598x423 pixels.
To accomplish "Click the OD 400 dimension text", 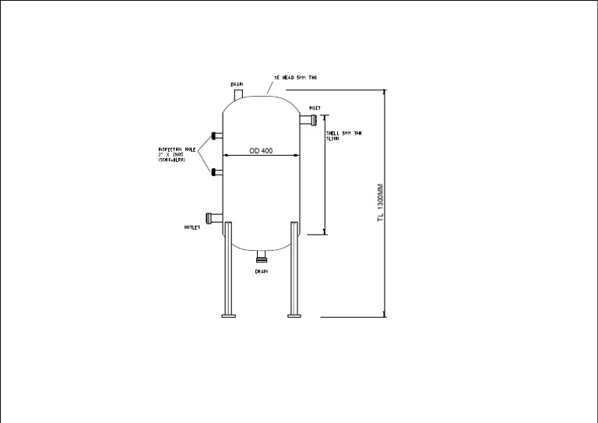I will [261, 150].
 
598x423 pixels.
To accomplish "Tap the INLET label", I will [315, 108].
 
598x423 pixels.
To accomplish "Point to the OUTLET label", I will [192, 227].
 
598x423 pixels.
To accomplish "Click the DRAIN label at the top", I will [237, 83].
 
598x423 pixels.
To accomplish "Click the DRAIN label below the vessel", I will [262, 271].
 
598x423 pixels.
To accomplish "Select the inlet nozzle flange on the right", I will [311, 119].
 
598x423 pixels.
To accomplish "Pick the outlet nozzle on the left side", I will [213, 217].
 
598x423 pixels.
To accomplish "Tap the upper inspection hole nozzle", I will [217, 136].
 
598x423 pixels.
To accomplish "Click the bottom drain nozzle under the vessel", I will [262, 254].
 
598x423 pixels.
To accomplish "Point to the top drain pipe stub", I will [239, 93].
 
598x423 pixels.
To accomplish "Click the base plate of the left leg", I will [229, 315].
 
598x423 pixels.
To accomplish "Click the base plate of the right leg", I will [294, 315].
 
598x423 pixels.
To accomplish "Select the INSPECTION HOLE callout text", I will [178, 153].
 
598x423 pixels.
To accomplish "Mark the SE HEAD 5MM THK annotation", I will [296, 78].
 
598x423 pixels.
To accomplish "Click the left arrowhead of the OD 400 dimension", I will [226, 155].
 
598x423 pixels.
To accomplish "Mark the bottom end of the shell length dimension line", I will [324, 232].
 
